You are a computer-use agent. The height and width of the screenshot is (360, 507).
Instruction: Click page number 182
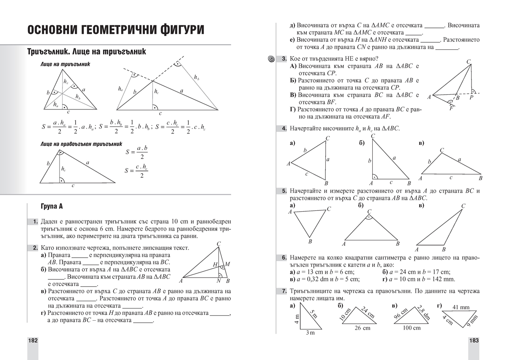click(x=33, y=341)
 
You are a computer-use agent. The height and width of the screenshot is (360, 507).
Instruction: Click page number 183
click(x=474, y=341)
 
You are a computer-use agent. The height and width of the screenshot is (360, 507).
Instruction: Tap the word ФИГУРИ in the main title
click(x=173, y=30)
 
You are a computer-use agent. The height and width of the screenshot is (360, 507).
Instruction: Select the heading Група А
click(x=52, y=207)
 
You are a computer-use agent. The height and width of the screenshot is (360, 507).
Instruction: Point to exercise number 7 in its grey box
click(x=284, y=291)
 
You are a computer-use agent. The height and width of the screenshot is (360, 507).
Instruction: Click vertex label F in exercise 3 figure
click(x=451, y=109)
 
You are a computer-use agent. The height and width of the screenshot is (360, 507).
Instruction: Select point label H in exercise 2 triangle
click(x=215, y=265)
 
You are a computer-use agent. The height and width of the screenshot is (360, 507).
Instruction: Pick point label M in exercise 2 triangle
click(x=227, y=264)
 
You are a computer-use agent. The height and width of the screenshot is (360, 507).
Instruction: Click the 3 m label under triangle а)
click(x=310, y=333)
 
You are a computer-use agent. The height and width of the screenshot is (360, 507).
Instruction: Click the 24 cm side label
click(x=368, y=312)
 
